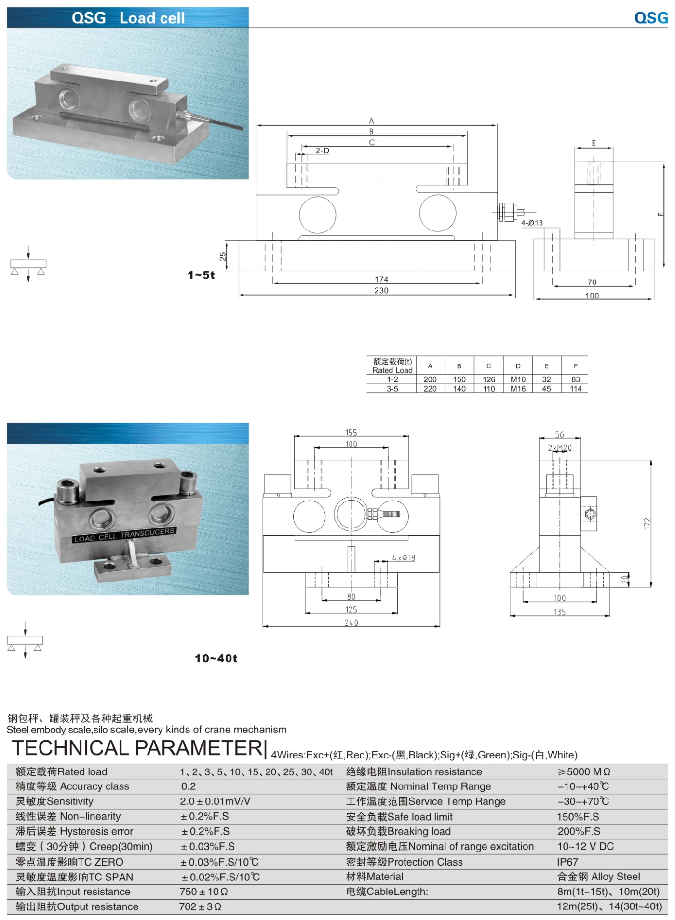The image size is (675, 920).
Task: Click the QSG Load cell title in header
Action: coord(128,18)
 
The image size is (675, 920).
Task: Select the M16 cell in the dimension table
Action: coord(518,389)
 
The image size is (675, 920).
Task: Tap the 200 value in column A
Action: coord(430,379)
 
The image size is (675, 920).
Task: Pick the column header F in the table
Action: coord(575,366)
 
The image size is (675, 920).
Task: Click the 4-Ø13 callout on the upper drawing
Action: coord(532,223)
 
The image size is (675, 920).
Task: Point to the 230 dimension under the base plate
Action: coord(381,290)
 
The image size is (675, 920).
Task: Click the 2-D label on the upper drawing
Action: coord(322,150)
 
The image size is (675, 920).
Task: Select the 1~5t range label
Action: coord(201,275)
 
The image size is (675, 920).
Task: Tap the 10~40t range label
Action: coord(216,658)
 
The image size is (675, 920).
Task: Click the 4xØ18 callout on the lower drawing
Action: coord(404,558)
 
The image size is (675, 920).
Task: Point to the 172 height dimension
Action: coord(647,523)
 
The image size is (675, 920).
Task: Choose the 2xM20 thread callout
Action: coord(559,448)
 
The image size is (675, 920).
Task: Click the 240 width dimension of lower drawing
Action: coord(351,623)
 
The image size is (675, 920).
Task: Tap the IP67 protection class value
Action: coord(567,862)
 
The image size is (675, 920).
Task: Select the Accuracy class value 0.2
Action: coord(189,786)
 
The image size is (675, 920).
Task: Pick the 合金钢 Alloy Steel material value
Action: coord(598,877)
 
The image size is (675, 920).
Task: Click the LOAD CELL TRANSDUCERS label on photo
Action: coord(124,535)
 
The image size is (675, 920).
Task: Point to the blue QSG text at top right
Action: coord(651,18)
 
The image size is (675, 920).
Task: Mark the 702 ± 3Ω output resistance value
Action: coord(200,906)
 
